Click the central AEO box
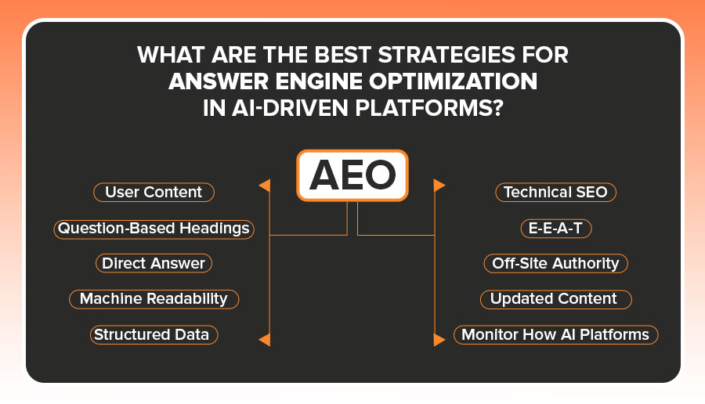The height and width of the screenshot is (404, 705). tap(352, 176)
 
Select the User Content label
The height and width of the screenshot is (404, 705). tap(154, 193)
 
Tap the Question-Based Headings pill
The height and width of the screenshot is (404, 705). tap(154, 229)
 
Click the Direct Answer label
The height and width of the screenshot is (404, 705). tap(154, 263)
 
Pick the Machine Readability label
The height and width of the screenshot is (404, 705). tap(154, 298)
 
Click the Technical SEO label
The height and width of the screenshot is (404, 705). tap(555, 193)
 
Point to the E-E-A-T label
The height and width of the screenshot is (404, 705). tap(555, 229)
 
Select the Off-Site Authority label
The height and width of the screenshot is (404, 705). tap(555, 263)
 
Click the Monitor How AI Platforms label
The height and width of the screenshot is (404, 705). tap(555, 334)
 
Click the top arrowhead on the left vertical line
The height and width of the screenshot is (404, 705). tap(265, 186)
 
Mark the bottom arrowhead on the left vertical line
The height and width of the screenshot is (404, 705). tap(265, 339)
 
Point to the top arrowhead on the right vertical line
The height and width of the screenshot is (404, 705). tap(439, 186)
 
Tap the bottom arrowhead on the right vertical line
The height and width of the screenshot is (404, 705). tap(439, 339)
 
